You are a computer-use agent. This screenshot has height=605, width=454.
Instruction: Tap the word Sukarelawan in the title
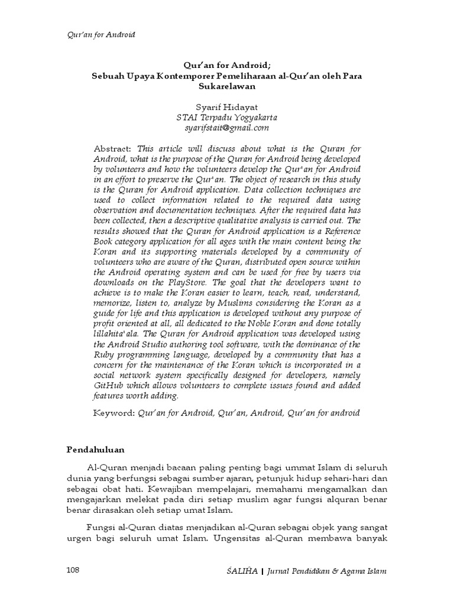(226, 86)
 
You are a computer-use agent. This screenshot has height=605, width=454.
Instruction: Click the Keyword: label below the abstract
(114, 412)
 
